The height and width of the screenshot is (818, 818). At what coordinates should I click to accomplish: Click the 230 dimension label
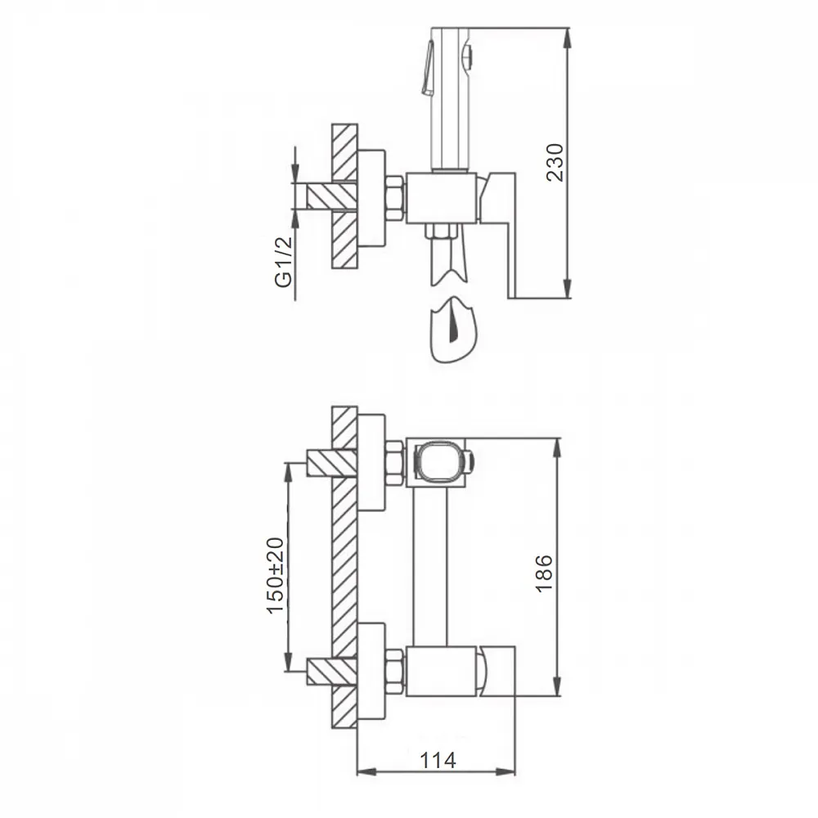point(555,162)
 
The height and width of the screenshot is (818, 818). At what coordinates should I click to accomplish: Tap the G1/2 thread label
point(283,262)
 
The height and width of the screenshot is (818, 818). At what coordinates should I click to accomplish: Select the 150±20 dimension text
point(276,575)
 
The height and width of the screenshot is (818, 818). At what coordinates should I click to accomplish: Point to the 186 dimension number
point(544,573)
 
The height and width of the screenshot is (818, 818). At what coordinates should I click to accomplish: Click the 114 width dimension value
point(438,760)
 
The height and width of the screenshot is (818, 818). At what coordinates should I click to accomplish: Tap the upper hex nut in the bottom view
point(395,463)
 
